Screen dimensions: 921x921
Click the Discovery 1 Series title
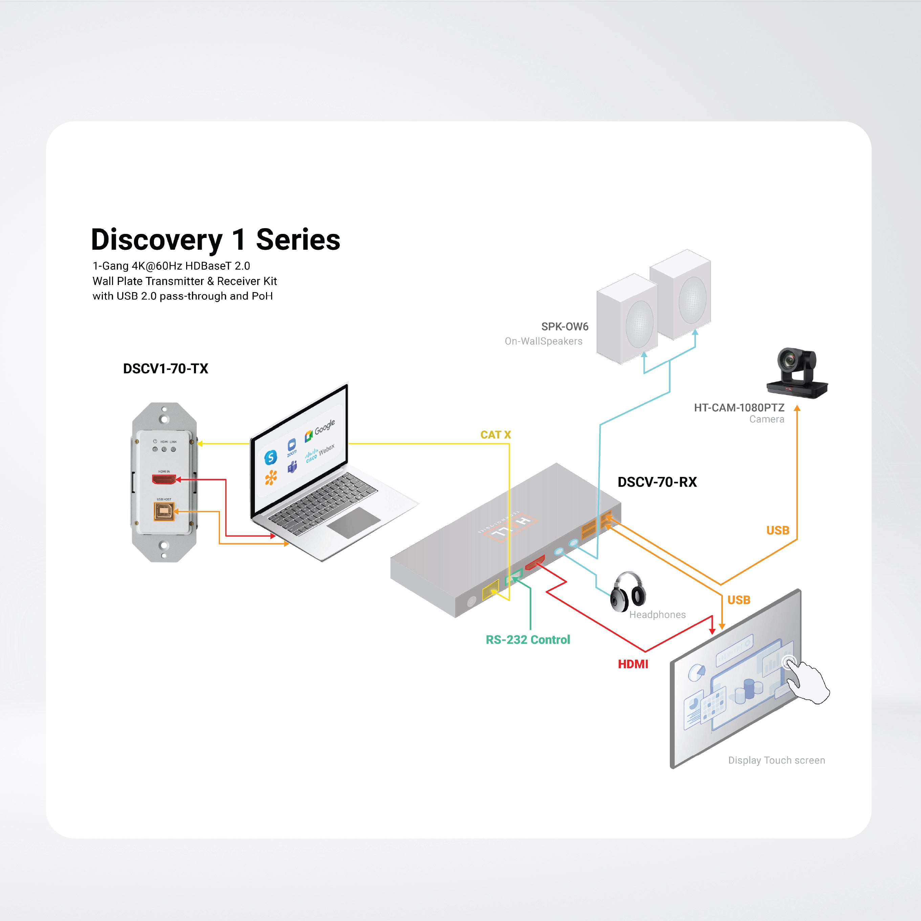click(216, 239)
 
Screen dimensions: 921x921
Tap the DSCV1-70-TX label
click(166, 369)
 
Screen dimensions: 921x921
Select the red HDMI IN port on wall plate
click(163, 479)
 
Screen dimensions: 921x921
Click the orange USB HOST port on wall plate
click(163, 511)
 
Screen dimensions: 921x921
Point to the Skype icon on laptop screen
click(270, 458)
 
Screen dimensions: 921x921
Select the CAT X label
click(495, 435)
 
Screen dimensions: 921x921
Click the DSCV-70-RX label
click(657, 482)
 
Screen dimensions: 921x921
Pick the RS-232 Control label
click(528, 640)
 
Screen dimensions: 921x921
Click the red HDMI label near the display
click(633, 664)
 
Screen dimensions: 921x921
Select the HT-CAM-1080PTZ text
click(739, 408)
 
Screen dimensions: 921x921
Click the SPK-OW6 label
click(565, 327)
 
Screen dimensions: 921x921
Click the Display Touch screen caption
click(776, 760)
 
